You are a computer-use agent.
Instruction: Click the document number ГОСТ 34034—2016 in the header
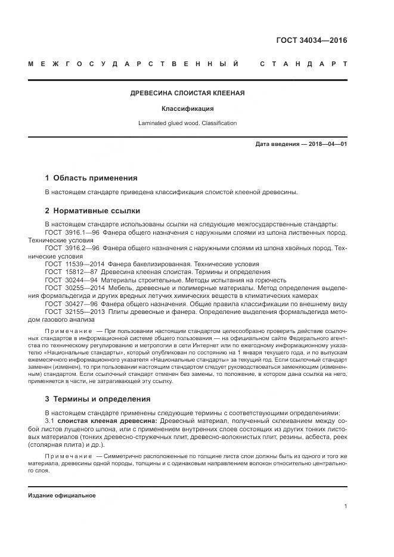311,41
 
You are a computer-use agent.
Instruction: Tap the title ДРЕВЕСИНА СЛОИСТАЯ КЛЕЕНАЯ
188,94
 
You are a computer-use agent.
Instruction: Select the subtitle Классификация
188,109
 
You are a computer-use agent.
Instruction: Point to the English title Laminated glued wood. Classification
188,123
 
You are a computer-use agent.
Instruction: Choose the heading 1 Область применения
91,178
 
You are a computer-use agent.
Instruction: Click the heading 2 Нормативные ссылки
92,210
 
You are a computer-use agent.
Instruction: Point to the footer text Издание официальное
61,495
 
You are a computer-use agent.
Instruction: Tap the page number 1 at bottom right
345,506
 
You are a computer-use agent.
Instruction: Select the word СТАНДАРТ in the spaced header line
303,64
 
